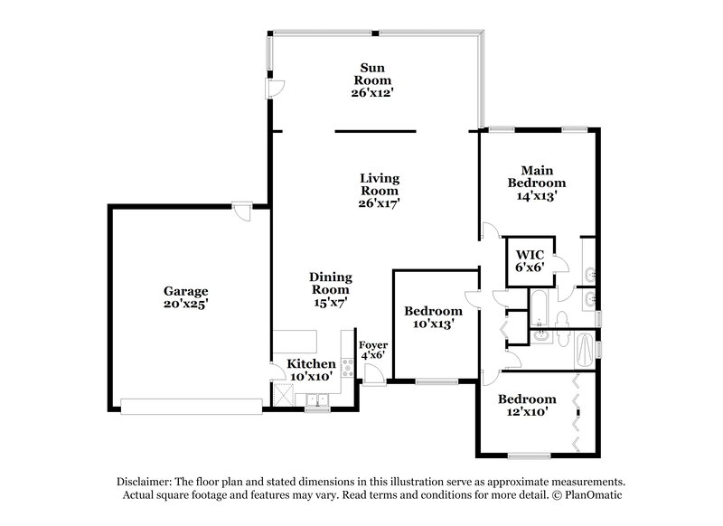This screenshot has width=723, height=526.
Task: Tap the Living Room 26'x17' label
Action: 379,190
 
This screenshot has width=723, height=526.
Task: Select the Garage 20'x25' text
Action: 186,298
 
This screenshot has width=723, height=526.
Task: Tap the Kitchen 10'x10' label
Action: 311,370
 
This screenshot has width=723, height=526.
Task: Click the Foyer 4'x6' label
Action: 372,351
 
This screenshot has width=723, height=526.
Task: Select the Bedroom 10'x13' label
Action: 428,315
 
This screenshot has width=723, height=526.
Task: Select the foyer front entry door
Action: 371,379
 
